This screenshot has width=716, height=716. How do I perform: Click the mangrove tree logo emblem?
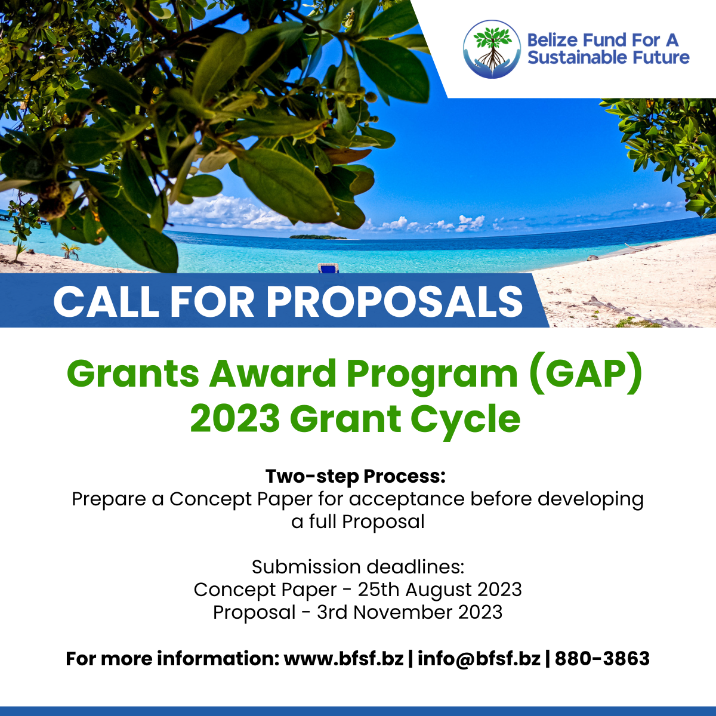492,49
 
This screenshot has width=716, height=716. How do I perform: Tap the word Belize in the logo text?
551,41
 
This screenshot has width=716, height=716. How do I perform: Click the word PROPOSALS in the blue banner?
394,301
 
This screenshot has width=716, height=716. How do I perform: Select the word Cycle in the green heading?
465,419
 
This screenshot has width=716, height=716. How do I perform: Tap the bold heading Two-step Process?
355,476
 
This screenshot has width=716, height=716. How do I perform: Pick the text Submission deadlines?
358,567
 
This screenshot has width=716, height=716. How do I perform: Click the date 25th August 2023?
440,590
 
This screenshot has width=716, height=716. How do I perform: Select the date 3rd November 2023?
409,612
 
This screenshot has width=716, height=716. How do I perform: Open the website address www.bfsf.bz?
344,659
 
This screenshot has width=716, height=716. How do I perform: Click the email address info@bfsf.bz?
479,659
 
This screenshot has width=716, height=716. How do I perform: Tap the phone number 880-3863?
602,659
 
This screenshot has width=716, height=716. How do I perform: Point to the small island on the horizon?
317,237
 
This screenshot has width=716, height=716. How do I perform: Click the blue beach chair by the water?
328,268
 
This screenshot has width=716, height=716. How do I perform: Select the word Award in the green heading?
272,374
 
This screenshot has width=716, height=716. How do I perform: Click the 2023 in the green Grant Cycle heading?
235,419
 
